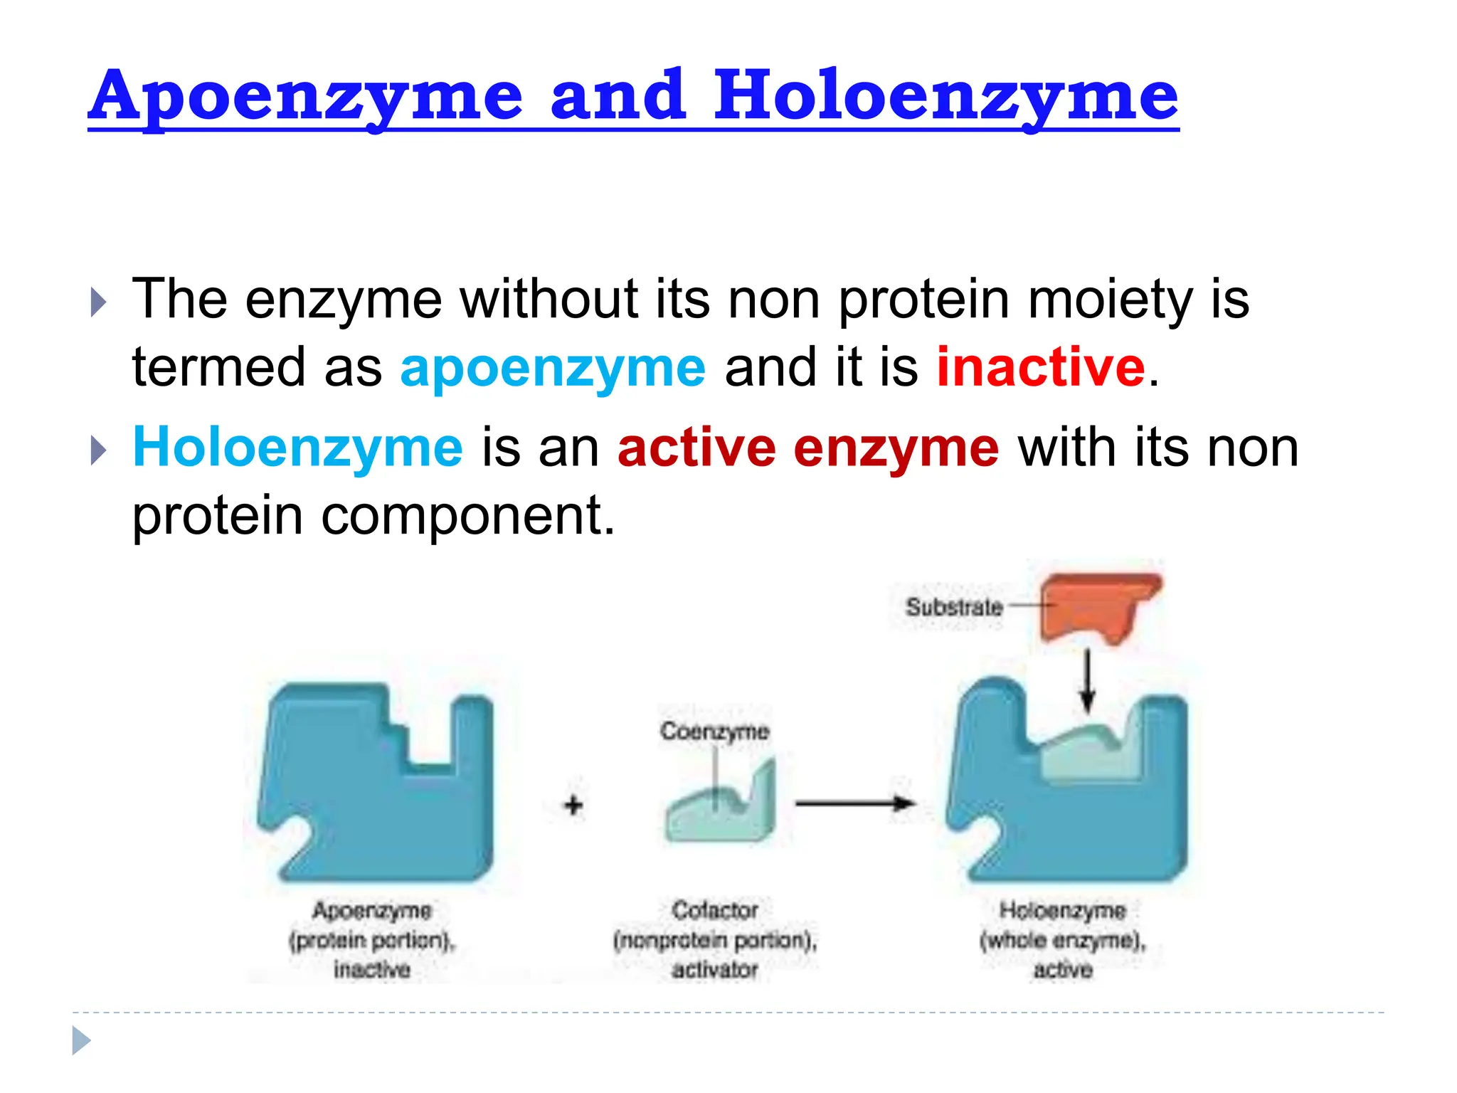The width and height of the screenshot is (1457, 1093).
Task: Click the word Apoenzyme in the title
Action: point(306,96)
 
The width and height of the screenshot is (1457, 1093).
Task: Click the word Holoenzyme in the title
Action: point(946,96)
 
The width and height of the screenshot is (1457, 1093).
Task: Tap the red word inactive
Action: point(1040,367)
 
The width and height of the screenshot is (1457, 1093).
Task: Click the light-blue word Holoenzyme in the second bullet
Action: point(298,448)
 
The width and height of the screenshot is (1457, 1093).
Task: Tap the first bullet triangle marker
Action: point(99,302)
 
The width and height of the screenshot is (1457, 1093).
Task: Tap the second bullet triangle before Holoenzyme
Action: point(99,450)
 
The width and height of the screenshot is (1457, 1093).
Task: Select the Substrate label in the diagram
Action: point(953,607)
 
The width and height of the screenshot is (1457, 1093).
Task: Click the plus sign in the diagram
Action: point(573,805)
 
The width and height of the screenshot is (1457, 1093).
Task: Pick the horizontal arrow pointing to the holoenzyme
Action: point(854,804)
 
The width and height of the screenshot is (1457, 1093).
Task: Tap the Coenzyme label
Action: point(714,732)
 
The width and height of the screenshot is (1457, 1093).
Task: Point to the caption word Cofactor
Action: point(715,910)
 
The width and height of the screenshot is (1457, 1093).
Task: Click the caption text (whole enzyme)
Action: point(1063,940)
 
